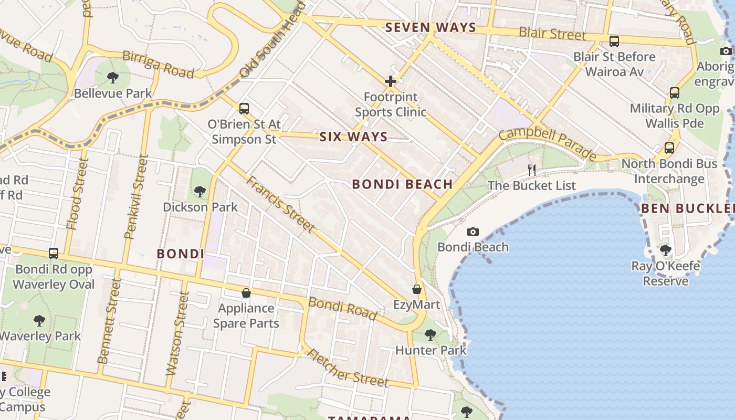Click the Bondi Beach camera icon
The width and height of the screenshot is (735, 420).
[472, 232]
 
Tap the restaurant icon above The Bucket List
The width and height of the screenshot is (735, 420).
[532, 170]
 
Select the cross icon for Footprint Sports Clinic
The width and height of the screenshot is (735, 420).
[390, 81]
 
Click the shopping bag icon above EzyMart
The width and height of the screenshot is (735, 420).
[417, 289]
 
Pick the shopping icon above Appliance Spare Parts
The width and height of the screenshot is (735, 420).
[246, 293]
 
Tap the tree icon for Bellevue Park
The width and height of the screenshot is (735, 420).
[112, 78]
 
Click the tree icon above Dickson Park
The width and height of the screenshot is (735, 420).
[199, 192]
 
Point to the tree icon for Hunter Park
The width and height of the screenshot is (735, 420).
[430, 334]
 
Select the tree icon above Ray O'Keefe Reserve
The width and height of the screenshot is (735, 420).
[666, 250]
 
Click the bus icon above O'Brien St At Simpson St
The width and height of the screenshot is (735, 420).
[244, 109]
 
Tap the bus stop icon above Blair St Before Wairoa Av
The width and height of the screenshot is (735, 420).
[614, 41]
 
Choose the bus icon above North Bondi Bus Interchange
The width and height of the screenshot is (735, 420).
[669, 148]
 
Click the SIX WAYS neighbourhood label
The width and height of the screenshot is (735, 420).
[353, 137]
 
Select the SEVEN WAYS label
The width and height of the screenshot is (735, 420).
[430, 28]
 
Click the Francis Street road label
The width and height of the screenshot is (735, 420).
[280, 204]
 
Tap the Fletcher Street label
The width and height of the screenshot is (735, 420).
[347, 368]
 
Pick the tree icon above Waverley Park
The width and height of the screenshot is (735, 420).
[39, 320]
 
